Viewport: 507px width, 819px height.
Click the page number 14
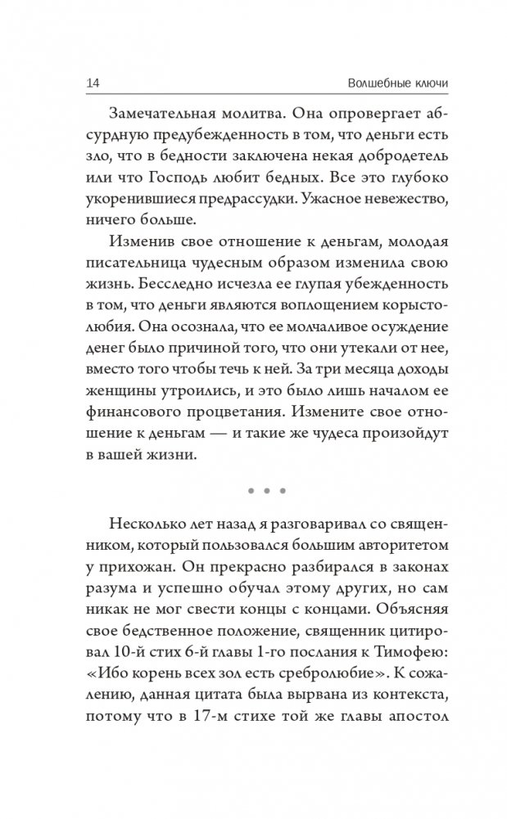pos(92,84)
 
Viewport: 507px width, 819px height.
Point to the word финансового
pos(129,413)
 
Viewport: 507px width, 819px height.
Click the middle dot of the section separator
pos(265,492)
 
